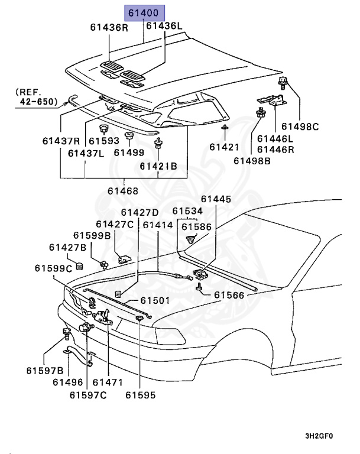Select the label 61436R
[109, 27]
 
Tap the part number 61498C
[300, 126]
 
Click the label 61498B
[252, 160]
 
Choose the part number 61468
[123, 191]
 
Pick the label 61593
[104, 141]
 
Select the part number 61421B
[158, 166]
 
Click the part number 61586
[196, 226]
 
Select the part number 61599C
[53, 268]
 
